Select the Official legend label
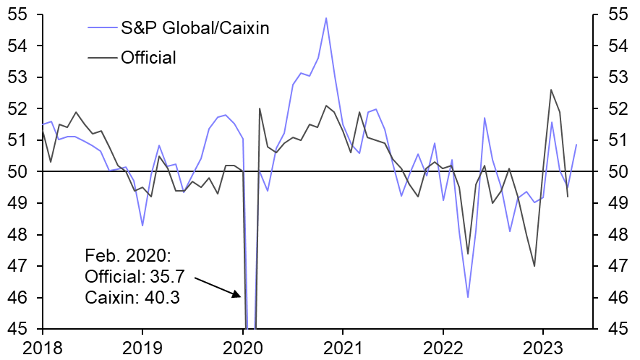click(149, 57)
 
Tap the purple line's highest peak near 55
click(326, 18)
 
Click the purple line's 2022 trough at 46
click(468, 297)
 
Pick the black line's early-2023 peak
click(551, 90)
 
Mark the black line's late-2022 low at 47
click(534, 266)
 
